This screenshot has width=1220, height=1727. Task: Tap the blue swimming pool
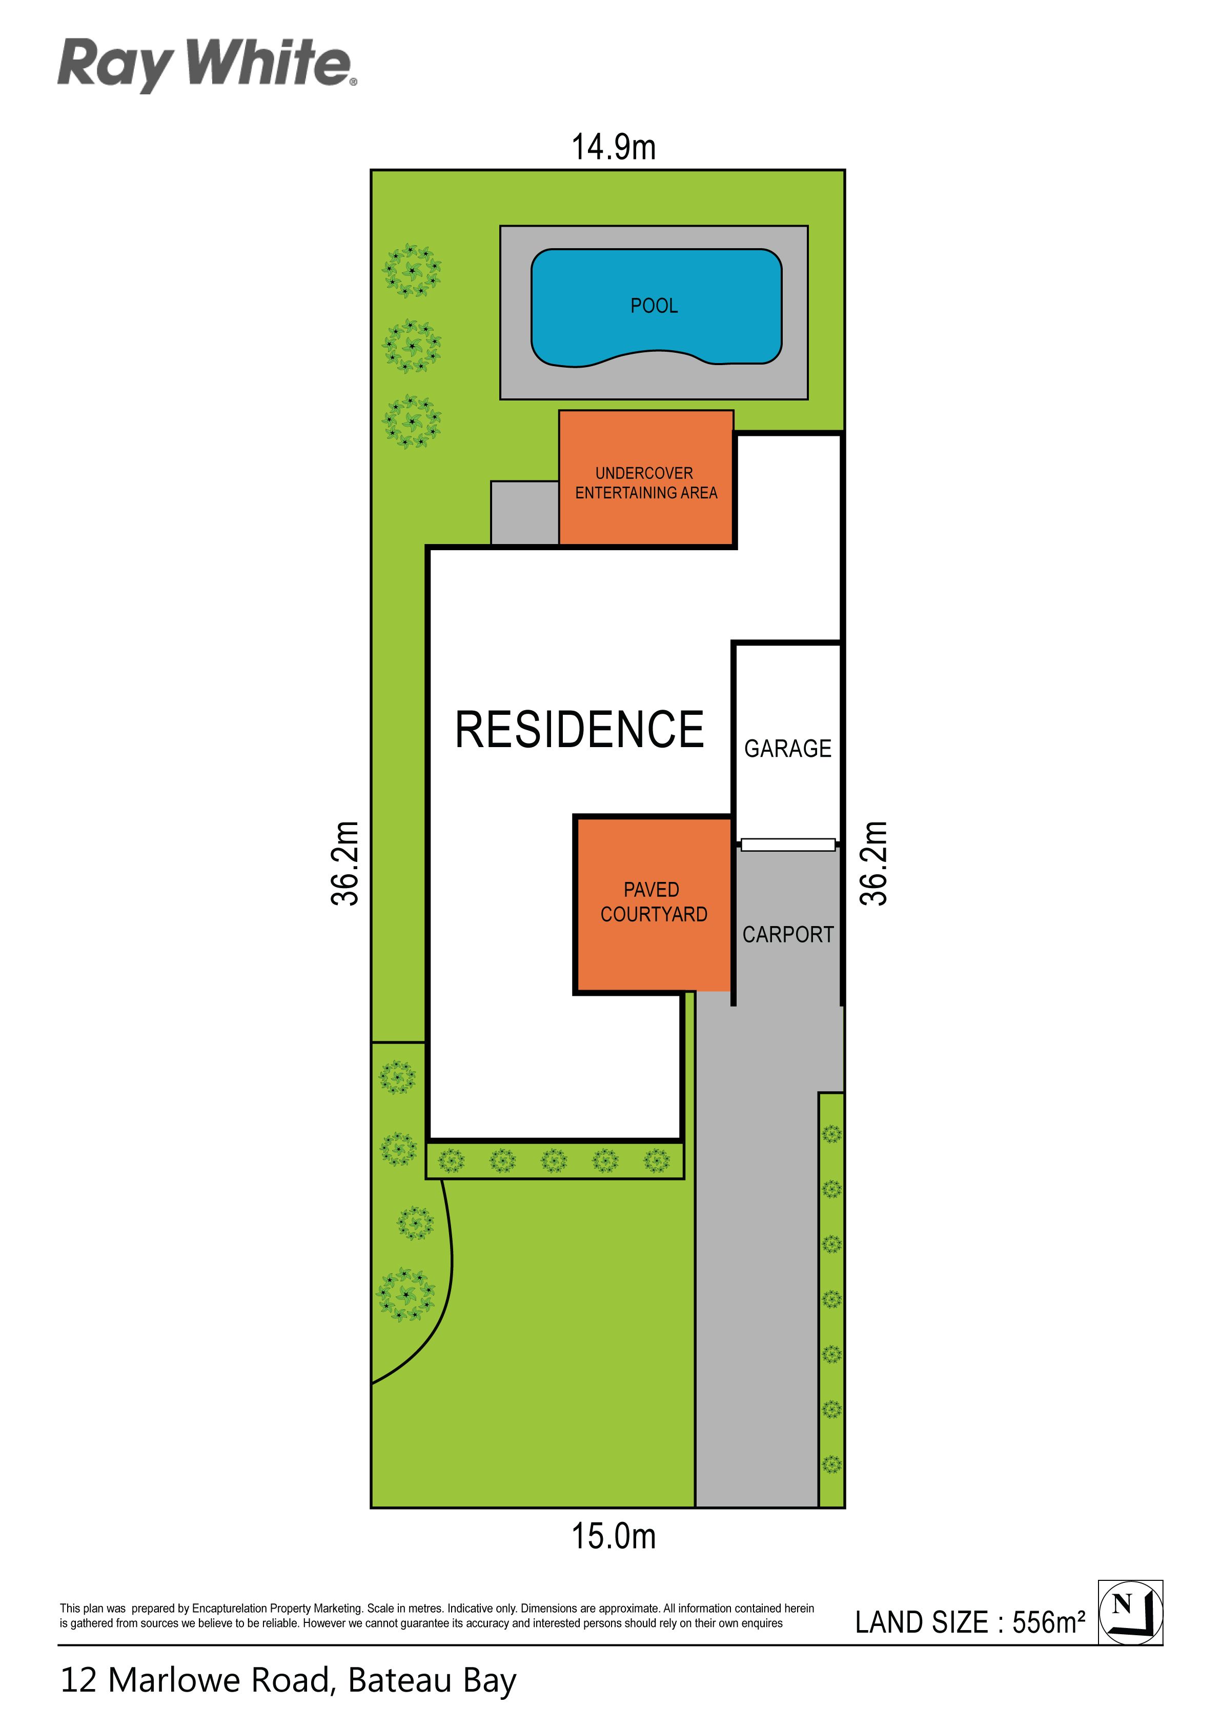656,307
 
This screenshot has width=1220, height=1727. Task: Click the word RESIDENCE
579,730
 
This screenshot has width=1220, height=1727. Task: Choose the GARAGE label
787,749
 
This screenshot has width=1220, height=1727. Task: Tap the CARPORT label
787,934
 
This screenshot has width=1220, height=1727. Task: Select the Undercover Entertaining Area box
646,477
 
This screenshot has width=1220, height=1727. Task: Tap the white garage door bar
787,845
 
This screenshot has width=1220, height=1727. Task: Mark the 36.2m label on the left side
345,863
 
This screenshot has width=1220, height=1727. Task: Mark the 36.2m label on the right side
874,863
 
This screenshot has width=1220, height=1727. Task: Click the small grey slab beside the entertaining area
524,513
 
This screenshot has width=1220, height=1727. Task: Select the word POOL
654,306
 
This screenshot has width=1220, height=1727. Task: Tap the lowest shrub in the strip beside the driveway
831,1464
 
